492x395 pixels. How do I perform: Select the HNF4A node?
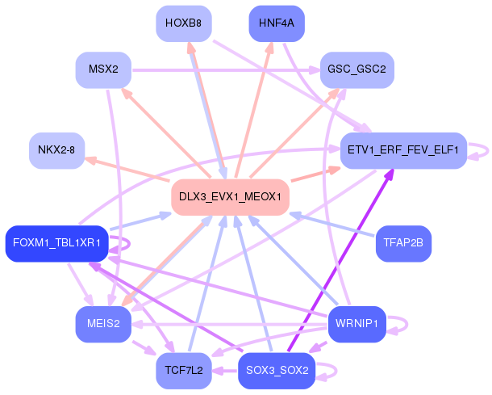coord(277,23)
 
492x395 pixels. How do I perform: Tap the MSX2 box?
coord(103,70)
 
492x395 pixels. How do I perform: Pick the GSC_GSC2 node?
coord(356,70)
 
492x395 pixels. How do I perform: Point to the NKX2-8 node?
coord(56,150)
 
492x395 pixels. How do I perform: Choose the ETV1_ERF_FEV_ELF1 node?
coord(403,150)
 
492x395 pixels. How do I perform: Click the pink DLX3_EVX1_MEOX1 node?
coord(230,197)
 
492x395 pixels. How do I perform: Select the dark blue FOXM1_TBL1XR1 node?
coord(56,243)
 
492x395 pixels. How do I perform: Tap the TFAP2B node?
coord(403,243)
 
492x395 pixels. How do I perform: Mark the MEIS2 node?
coord(103,324)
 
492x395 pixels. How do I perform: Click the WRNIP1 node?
coord(357,324)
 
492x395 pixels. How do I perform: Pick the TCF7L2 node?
coord(184,370)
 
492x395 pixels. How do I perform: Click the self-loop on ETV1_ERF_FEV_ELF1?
coord(482,150)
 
